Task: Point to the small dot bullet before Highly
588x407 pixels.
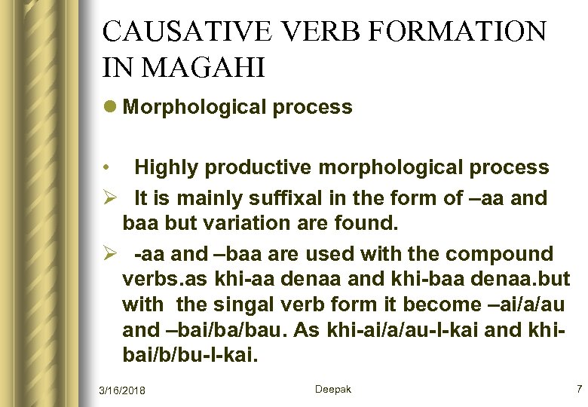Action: (109, 167)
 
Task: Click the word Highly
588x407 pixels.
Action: (167, 167)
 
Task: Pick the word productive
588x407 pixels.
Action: (252, 167)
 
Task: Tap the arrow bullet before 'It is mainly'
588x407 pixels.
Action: (110, 199)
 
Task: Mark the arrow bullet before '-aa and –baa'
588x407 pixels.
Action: (110, 253)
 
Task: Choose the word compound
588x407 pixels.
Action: (504, 253)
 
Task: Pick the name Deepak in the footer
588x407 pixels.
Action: (332, 389)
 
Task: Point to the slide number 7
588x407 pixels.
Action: (578, 389)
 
